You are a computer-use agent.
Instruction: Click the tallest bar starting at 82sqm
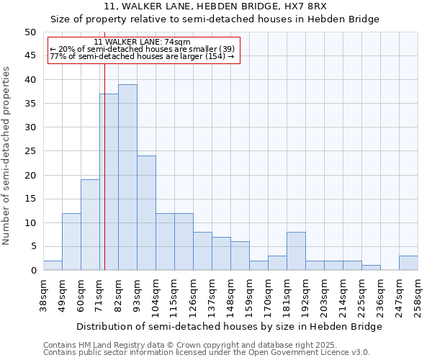[x=127, y=177]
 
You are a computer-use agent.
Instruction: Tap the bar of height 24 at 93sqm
[x=146, y=212]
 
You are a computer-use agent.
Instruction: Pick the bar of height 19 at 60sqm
[x=90, y=225]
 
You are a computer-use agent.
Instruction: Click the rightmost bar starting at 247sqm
[x=408, y=263]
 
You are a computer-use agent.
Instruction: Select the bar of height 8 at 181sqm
[x=296, y=251]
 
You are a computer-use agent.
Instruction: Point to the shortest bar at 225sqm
[x=371, y=268]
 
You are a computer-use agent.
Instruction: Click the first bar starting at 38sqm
[x=53, y=266]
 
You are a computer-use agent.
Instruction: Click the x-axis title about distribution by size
[x=229, y=326]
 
